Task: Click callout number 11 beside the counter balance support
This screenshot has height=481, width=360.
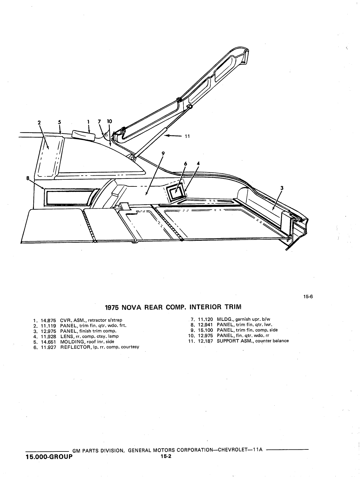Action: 187,136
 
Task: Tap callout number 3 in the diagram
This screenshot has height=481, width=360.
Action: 282,188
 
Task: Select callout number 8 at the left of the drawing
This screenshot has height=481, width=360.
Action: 28,178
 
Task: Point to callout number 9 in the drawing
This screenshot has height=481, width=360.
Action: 163,154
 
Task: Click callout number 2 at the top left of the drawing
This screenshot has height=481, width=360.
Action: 39,122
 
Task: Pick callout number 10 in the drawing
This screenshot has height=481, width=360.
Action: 110,121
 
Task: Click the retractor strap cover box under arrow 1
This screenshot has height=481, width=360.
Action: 84,135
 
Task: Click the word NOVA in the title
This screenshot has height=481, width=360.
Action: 132,307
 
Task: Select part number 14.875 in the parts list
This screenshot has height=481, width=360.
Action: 49,320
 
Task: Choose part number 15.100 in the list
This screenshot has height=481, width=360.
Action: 205,330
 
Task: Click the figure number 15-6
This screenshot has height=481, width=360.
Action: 308,297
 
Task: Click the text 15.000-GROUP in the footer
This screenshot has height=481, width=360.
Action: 49,457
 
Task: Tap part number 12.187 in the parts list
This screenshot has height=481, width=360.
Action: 205,341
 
